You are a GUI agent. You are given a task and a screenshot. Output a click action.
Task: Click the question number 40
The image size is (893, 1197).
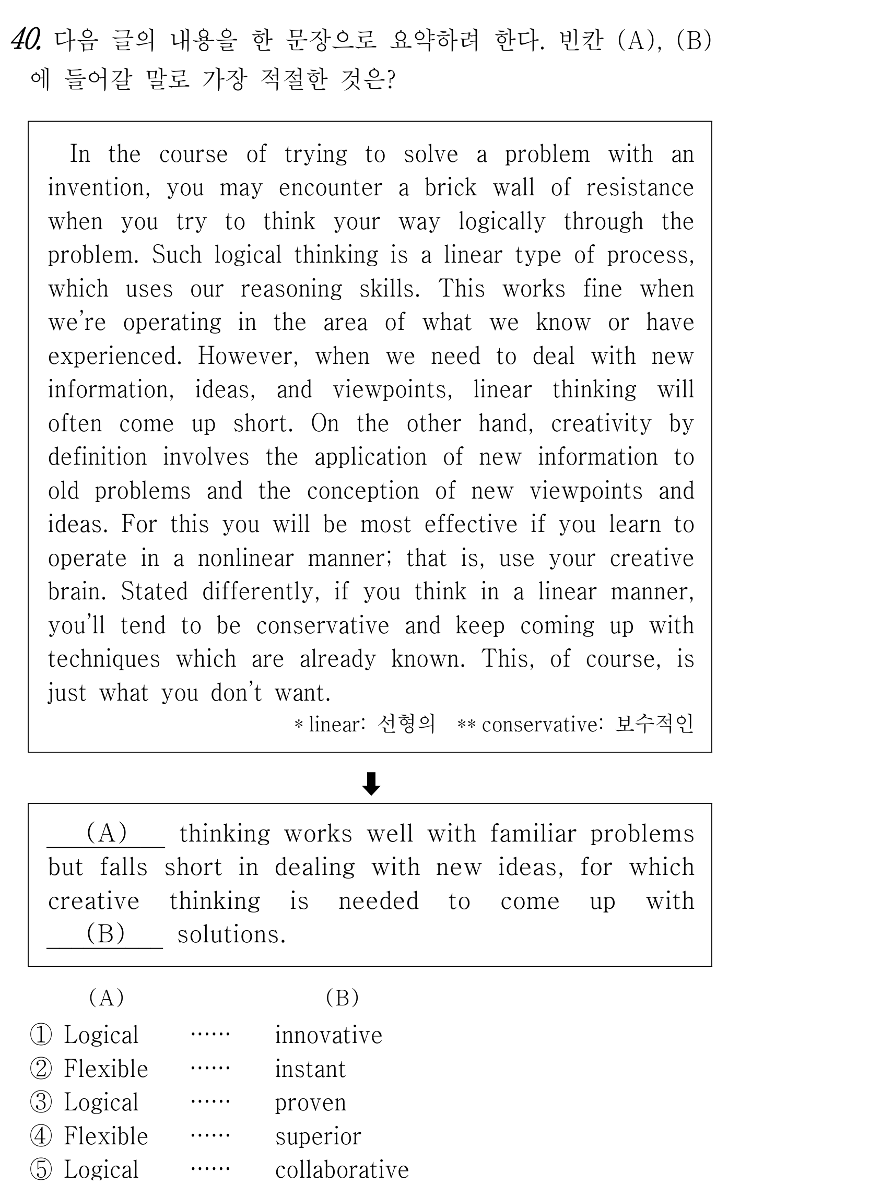pos(26,40)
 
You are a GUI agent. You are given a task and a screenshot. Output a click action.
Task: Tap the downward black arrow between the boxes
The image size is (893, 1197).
pos(371,784)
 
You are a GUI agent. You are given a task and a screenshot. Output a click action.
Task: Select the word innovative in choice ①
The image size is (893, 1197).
pos(328,1035)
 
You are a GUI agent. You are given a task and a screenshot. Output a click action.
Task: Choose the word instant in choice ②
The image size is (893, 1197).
pos(310,1070)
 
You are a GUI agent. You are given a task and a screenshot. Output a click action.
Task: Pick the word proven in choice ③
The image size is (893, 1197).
pos(310,1103)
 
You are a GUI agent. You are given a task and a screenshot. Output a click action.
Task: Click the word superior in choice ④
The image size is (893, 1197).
pos(318,1136)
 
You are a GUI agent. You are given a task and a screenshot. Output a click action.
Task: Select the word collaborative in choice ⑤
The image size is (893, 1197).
pos(342,1170)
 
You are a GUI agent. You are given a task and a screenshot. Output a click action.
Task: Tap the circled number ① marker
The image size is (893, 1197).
pos(41,1035)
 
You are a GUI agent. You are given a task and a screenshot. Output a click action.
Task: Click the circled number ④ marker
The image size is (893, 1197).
pos(41,1136)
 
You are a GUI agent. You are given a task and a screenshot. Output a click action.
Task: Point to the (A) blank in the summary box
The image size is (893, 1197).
pos(106,833)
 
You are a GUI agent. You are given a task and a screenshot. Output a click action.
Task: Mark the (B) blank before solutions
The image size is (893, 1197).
pos(105,934)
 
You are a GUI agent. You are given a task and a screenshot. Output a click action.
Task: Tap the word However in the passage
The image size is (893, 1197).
pos(247,356)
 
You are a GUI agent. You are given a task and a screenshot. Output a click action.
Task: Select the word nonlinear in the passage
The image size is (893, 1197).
pos(245,558)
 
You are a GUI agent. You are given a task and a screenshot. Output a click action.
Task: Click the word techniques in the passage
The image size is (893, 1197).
pos(104,659)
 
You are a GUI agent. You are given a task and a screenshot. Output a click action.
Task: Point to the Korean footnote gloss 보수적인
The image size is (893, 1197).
pos(654,724)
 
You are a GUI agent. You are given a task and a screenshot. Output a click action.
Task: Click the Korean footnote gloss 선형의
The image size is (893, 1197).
pos(406,724)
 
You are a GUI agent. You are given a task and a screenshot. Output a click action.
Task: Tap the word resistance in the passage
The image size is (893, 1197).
pos(640,188)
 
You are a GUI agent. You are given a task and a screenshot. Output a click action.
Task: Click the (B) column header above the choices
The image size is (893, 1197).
pos(342,998)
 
